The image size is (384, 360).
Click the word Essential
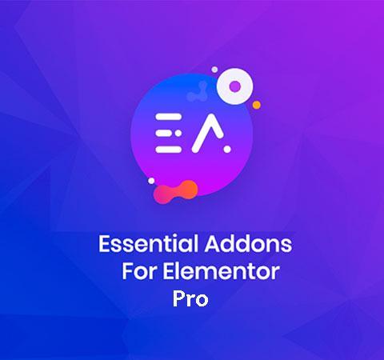148,244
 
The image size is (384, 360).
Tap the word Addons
248,244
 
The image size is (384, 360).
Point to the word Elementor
221,271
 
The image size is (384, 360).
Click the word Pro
190,299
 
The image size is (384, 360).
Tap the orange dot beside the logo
257,105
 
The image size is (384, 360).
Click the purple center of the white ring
234,86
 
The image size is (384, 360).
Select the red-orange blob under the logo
176,192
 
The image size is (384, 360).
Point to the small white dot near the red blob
151,181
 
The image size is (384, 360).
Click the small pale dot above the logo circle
214,70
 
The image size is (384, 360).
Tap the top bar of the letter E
169,117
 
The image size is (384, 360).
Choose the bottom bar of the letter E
169,150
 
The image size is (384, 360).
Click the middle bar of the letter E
163,133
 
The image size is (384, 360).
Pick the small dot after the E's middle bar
178,133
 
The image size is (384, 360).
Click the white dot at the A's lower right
227,150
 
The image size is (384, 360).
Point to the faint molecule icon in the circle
198,92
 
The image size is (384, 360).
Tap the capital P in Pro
178,298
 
